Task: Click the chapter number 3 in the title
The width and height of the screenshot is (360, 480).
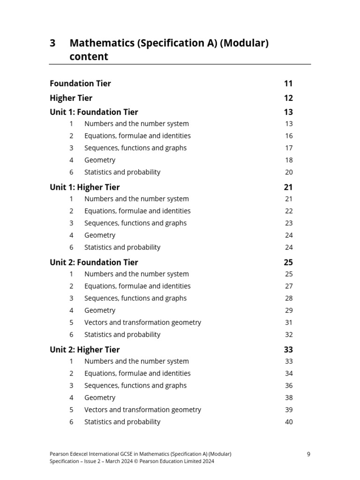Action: (x=52, y=44)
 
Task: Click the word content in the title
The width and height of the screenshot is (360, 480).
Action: (x=89, y=57)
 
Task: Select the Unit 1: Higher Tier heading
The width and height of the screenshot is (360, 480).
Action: (x=84, y=187)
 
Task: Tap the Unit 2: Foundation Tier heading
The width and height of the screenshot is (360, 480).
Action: (x=94, y=262)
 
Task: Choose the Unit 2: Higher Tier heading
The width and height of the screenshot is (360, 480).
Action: (x=84, y=349)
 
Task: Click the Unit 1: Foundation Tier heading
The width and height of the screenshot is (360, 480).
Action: (x=94, y=112)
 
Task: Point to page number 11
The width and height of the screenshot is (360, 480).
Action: (x=288, y=83)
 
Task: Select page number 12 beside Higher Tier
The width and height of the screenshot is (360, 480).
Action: (x=288, y=98)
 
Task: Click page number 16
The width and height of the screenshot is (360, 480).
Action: (x=289, y=136)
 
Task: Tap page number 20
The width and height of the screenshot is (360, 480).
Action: (x=289, y=172)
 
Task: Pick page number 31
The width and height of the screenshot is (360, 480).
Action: (x=289, y=322)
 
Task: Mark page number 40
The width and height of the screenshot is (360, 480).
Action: (x=289, y=422)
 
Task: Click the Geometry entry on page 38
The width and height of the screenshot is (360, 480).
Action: (x=99, y=397)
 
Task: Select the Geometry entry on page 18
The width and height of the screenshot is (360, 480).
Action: (x=99, y=160)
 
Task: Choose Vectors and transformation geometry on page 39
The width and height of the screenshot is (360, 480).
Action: (x=142, y=410)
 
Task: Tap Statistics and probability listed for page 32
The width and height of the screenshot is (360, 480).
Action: (x=122, y=335)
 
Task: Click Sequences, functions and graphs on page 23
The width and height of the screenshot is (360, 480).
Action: (x=135, y=223)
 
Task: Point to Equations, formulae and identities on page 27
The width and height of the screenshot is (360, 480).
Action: (x=137, y=286)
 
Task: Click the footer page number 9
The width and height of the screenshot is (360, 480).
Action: (x=308, y=454)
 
